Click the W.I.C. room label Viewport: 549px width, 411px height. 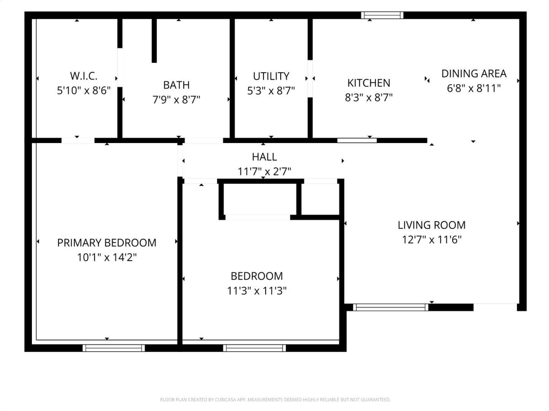pos(84,76)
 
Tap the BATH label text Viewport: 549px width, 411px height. pos(176,85)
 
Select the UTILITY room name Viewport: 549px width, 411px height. pos(271,76)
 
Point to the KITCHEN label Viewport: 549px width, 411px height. pos(369,83)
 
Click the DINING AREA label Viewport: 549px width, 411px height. pos(474,74)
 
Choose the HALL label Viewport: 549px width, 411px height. pos(264,157)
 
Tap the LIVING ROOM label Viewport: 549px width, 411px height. pos(431,225)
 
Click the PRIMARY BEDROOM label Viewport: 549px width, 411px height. pos(107,243)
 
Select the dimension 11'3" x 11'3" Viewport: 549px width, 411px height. pos(256,291)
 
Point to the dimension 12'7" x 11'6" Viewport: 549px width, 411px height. pos(431,240)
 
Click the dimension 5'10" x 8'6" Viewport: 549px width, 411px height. pos(84,90)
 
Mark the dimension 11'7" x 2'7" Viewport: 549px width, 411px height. pos(264,172)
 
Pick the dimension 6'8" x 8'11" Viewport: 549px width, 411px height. pos(474,88)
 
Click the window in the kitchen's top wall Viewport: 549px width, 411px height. pos(382,15)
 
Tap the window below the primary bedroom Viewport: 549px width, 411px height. pos(113,348)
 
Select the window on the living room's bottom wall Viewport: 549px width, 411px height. pos(390,307)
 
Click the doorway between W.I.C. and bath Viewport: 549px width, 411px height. pos(120,67)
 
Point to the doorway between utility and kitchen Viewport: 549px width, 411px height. pos(310,78)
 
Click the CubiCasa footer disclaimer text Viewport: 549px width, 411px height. pos(275,400)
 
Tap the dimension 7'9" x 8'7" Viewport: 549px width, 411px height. pos(176,100)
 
